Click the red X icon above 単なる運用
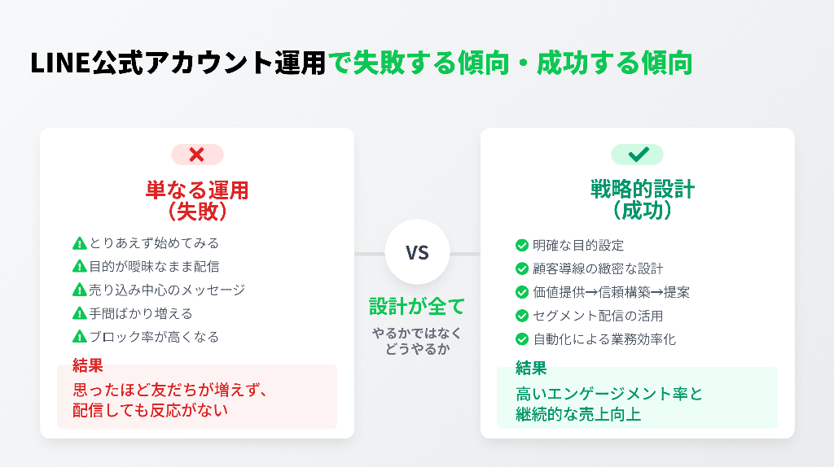click(197, 155)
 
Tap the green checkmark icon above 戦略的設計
click(638, 154)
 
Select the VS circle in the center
click(417, 252)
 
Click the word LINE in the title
click(60, 63)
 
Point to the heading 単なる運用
click(197, 190)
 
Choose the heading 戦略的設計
click(643, 189)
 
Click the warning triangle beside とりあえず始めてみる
click(79, 243)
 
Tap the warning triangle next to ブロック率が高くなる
click(79, 337)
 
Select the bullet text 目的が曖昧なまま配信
click(154, 267)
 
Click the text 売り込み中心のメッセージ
click(167, 290)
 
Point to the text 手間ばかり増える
click(141, 313)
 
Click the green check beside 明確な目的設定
click(522, 246)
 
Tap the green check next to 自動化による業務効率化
click(522, 339)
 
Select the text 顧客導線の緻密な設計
click(598, 268)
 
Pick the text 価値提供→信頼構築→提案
click(611, 292)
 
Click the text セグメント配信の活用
click(598, 316)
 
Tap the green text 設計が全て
click(417, 307)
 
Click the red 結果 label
click(88, 365)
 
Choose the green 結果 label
click(531, 368)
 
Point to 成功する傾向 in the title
click(614, 63)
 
